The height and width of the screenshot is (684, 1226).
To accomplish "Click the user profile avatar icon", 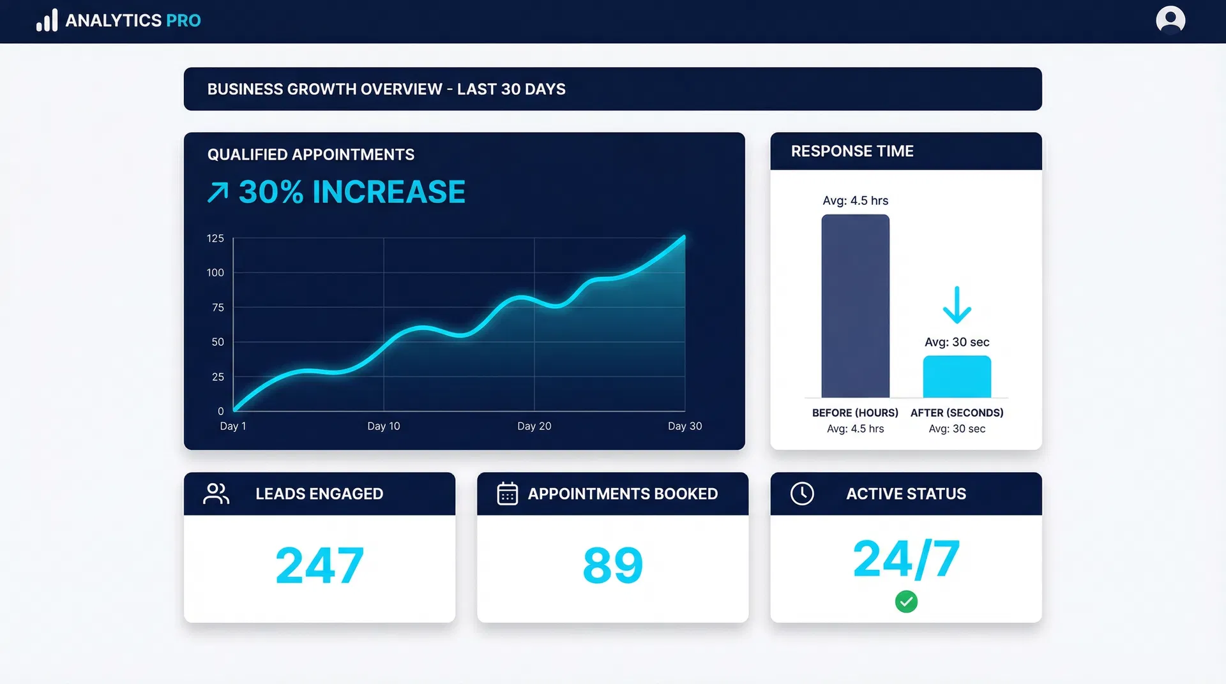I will tap(1170, 20).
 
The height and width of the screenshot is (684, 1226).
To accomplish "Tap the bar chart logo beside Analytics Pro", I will tap(47, 20).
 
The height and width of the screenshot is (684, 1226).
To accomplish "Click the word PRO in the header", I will tap(183, 20).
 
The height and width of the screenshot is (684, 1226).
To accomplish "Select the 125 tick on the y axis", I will tap(215, 238).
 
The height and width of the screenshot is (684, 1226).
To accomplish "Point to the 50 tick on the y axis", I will tap(218, 342).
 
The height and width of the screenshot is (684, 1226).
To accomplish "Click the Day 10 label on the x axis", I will tap(383, 426).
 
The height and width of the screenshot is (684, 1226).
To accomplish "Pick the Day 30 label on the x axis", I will tap(685, 426).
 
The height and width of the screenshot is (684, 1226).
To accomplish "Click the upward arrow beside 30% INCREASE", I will tap(218, 192).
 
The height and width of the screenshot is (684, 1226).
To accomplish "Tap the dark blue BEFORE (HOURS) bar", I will tap(855, 306).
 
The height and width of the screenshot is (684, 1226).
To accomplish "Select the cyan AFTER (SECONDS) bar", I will tap(957, 377).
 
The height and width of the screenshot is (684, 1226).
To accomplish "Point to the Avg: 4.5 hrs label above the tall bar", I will tap(855, 200).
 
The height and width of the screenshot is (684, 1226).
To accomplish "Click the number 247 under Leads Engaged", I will tap(319, 565).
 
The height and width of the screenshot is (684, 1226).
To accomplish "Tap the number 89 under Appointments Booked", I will tap(612, 565).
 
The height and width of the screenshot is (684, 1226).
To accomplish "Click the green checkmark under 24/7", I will tap(906, 601).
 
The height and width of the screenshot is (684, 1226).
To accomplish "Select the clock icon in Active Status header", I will tap(802, 493).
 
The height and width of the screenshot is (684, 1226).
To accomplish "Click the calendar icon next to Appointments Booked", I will tap(507, 493).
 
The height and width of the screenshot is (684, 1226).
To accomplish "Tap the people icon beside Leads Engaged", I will tap(216, 493).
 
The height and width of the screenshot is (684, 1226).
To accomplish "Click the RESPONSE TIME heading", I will tap(852, 151).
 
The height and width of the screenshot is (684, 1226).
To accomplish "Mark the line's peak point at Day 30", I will tap(684, 237).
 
